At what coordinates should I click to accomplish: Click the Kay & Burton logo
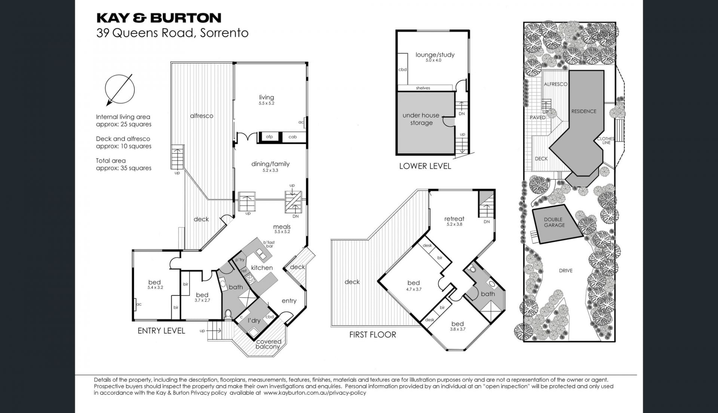[159, 18]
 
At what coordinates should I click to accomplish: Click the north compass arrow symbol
[120, 90]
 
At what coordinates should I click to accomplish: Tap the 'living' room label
[266, 97]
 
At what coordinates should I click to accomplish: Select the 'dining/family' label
[270, 164]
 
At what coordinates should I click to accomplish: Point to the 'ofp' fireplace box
[269, 137]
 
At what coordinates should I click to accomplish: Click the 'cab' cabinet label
[292, 137]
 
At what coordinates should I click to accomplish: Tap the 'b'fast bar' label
[269, 245]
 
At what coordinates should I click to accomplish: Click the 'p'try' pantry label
[240, 260]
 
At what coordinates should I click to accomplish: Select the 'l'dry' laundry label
[254, 321]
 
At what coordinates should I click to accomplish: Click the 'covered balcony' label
[269, 344]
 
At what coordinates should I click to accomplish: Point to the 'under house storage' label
[421, 119]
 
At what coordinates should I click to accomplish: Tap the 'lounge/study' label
[435, 55]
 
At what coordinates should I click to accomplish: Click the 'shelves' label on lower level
[423, 88]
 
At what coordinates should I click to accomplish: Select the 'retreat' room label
[454, 219]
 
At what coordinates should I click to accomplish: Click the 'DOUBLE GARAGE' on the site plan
[554, 222]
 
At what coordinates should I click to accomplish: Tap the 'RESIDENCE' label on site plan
[584, 111]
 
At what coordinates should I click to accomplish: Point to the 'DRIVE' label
[566, 271]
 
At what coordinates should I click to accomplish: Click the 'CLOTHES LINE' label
[606, 141]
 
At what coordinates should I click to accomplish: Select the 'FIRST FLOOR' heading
[372, 335]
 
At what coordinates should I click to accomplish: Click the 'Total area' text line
[111, 161]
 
